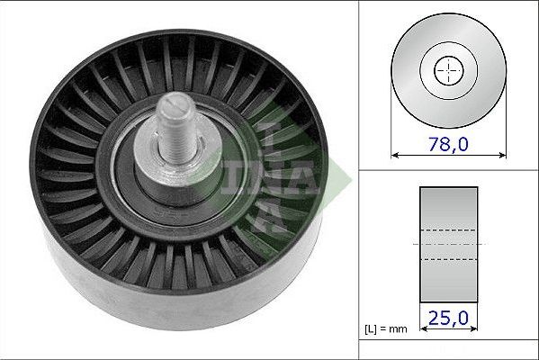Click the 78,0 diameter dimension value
point(448,144)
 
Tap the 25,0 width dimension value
point(448,318)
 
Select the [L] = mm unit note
point(386,329)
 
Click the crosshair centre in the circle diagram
point(449,70)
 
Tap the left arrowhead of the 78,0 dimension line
point(395,156)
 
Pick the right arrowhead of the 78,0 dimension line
point(502,156)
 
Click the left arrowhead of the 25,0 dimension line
point(424,329)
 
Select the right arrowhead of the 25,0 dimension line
point(473,329)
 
